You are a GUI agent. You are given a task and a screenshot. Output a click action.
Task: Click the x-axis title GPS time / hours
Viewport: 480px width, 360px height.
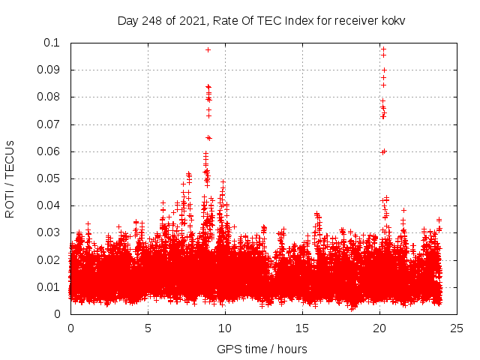point(262,349)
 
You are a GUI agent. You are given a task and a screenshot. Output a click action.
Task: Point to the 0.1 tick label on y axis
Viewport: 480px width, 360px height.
point(53,43)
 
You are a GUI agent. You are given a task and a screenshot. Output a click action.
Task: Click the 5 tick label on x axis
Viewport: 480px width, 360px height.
point(148,328)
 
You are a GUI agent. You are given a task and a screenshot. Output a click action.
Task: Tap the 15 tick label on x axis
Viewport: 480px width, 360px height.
point(302,328)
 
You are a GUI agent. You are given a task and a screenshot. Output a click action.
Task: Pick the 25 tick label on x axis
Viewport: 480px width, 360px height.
point(457,328)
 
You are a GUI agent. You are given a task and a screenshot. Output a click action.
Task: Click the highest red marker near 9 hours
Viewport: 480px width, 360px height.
point(208,49)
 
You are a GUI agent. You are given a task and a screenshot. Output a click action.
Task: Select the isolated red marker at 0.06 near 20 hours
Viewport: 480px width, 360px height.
point(383,151)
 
